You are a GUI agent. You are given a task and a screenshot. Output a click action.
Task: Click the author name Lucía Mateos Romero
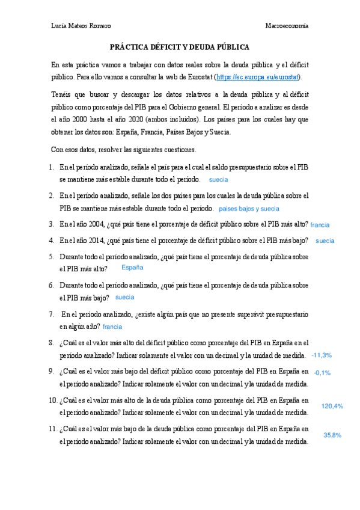tap(81, 26)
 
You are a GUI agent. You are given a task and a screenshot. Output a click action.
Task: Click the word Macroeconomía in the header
tap(287, 26)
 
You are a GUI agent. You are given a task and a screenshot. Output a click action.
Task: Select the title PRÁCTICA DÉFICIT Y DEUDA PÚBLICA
tap(180, 47)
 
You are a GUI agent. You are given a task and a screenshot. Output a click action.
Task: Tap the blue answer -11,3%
tap(322, 355)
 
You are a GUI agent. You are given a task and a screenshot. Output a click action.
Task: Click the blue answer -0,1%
tap(322, 373)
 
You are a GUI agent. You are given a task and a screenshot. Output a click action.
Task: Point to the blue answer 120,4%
tap(332, 407)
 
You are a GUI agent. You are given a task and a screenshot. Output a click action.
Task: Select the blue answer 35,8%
tap(332, 435)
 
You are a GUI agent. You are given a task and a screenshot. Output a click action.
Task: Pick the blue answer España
tap(132, 267)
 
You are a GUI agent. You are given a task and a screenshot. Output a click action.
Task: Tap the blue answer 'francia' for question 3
tap(320, 225)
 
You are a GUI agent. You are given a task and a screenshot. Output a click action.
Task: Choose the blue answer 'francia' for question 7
tap(112, 327)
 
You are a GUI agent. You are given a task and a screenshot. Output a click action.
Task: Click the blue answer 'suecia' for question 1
tap(218, 180)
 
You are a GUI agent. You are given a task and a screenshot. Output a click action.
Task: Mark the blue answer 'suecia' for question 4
tap(325, 241)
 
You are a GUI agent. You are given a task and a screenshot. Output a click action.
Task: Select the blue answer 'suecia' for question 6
tap(124, 297)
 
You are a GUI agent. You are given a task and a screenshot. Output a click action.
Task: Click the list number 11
tap(52, 429)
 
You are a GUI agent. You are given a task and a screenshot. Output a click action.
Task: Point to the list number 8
tap(52, 342)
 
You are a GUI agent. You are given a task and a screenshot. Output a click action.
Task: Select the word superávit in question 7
tap(250, 314)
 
